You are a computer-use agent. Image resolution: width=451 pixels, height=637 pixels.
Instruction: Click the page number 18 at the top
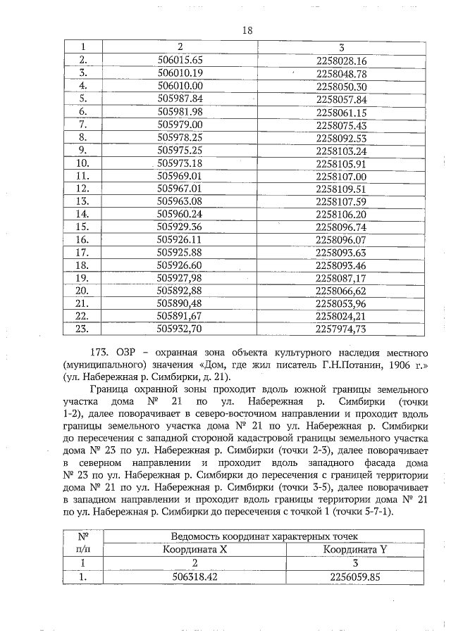[x=247, y=30]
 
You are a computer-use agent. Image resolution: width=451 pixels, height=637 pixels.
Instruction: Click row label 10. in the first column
[x=82, y=163]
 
